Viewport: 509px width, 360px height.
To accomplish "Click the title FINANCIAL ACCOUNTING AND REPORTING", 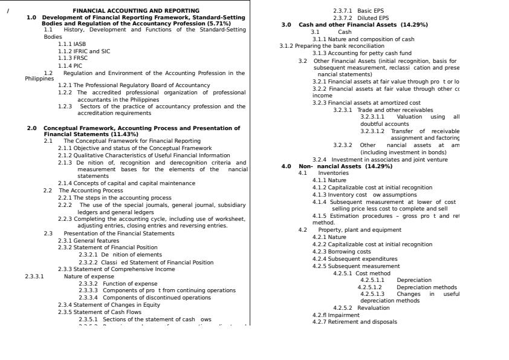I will coord(135,11).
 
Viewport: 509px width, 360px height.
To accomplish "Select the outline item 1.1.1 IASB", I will coord(72,44).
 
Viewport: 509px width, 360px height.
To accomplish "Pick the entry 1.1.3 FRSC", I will coord(73,59).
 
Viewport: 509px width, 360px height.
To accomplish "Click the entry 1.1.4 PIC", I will coord(70,66).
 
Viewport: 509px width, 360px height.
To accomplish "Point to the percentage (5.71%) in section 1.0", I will coord(218,24).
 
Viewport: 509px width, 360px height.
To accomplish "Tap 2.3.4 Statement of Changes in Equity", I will coord(109,305).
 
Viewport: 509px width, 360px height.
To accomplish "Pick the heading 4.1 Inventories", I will coord(323,173).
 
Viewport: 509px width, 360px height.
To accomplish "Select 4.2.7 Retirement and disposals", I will coord(354,322).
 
